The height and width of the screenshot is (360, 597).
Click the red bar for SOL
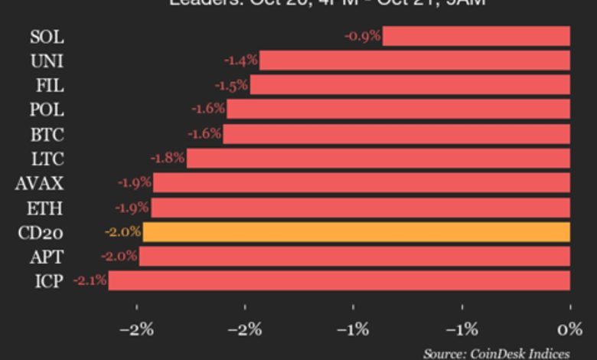[x=476, y=36]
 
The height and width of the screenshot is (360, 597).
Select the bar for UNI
[x=414, y=61]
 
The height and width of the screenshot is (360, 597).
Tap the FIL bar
[x=409, y=85]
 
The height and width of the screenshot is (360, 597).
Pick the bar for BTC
[x=396, y=134]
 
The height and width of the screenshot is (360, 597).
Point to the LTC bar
[x=378, y=159]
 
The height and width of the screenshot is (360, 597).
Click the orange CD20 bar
[x=356, y=232]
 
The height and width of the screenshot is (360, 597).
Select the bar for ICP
[x=339, y=280]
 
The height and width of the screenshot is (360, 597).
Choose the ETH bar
[x=360, y=208]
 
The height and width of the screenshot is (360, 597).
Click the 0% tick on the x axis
[x=569, y=330]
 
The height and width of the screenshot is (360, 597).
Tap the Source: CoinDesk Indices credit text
[x=496, y=353]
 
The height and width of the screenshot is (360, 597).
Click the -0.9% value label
[x=362, y=36]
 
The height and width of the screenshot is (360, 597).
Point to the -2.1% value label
[x=90, y=280]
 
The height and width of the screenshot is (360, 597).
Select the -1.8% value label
[x=168, y=159]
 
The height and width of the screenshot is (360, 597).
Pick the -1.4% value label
[x=240, y=61]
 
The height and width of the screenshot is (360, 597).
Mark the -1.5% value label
[x=231, y=85]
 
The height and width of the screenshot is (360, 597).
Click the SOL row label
[x=47, y=36]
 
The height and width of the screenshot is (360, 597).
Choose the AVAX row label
[x=40, y=183]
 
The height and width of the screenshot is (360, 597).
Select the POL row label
[x=47, y=110]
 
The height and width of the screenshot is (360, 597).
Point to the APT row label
[x=47, y=257]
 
